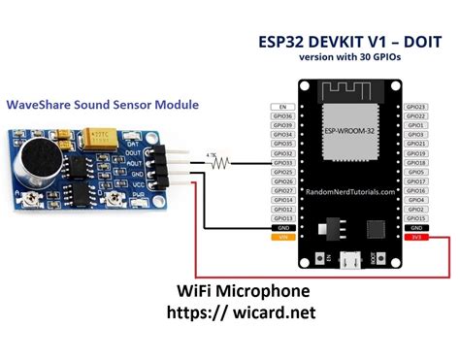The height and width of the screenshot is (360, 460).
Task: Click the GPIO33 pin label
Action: point(283,162)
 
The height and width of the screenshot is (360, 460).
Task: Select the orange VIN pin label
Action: point(283,236)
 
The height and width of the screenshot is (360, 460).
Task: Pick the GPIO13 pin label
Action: point(283,217)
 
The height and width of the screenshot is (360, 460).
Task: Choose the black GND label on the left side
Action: point(283,226)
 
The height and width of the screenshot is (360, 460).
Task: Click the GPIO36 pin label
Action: point(283,116)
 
